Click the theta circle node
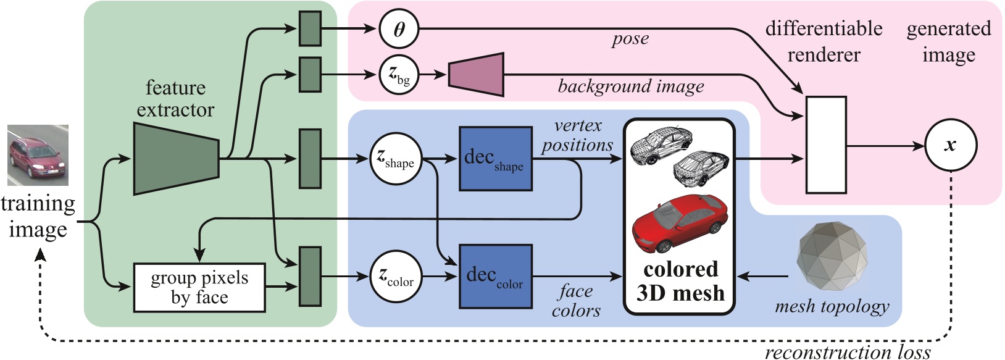(x=399, y=29)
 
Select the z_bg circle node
(x=399, y=75)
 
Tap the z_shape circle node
(x=396, y=159)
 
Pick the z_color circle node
(x=396, y=276)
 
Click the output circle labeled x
(x=951, y=146)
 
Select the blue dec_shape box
(x=495, y=159)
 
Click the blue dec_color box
(x=495, y=276)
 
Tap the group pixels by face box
(x=199, y=287)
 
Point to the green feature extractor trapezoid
(x=176, y=159)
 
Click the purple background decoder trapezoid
(x=476, y=75)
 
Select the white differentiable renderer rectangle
(x=826, y=144)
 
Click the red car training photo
(x=38, y=155)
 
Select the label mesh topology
(x=832, y=306)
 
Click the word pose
(x=630, y=40)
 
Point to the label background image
(x=630, y=86)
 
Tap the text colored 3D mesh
(x=680, y=281)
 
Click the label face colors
(x=575, y=300)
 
